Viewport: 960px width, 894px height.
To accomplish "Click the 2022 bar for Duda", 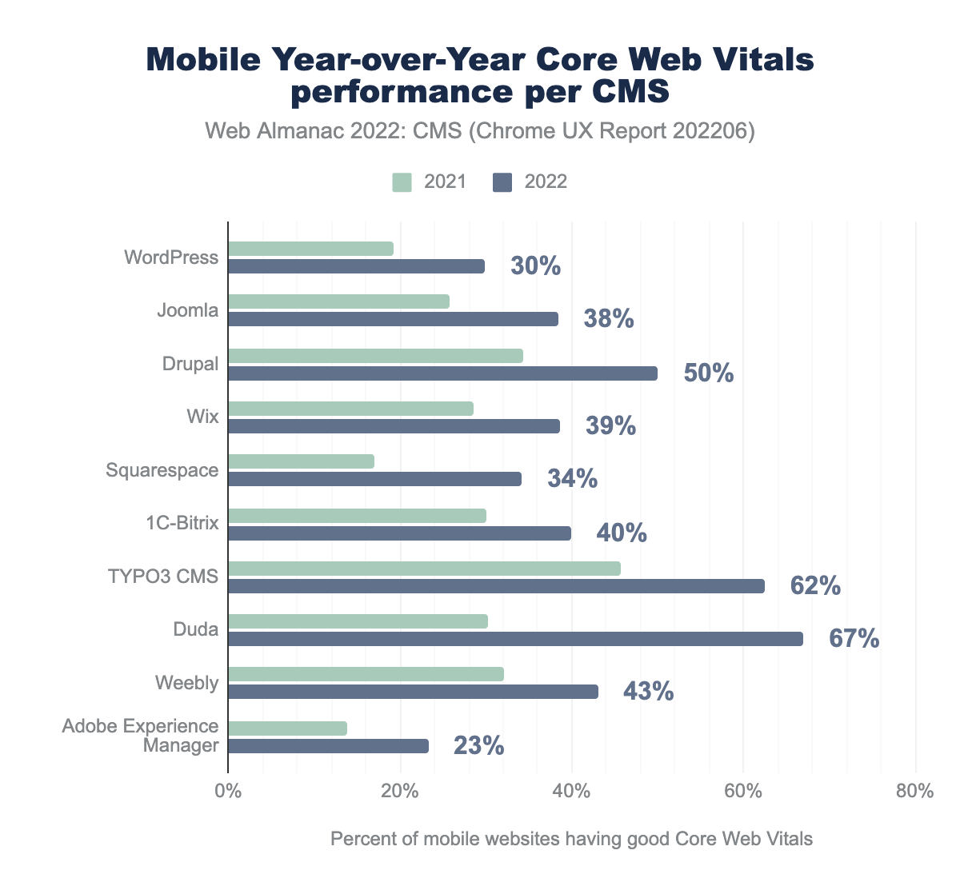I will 515,639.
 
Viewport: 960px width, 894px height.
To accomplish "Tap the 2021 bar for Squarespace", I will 301,461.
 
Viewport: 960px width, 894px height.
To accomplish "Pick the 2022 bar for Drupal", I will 442,373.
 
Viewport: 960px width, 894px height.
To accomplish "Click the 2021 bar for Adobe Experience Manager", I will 287,728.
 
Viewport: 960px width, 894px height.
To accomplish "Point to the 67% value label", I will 854,639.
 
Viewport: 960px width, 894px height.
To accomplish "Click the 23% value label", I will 478,746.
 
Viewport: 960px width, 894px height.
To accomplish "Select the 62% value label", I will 815,586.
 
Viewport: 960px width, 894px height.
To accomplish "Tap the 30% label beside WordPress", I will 535,266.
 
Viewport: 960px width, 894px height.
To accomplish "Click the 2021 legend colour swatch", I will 402,182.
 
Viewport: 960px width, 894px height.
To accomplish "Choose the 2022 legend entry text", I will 546,182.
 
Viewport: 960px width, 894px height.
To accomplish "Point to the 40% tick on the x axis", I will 571,792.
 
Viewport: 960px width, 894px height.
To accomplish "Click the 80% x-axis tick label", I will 914,792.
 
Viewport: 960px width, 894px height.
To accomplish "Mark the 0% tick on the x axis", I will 228,792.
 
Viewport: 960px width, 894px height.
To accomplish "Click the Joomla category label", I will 188,310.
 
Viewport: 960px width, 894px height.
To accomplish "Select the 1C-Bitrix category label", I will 182,523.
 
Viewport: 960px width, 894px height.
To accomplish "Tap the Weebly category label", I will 186,683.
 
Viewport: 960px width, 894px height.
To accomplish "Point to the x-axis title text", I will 571,839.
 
